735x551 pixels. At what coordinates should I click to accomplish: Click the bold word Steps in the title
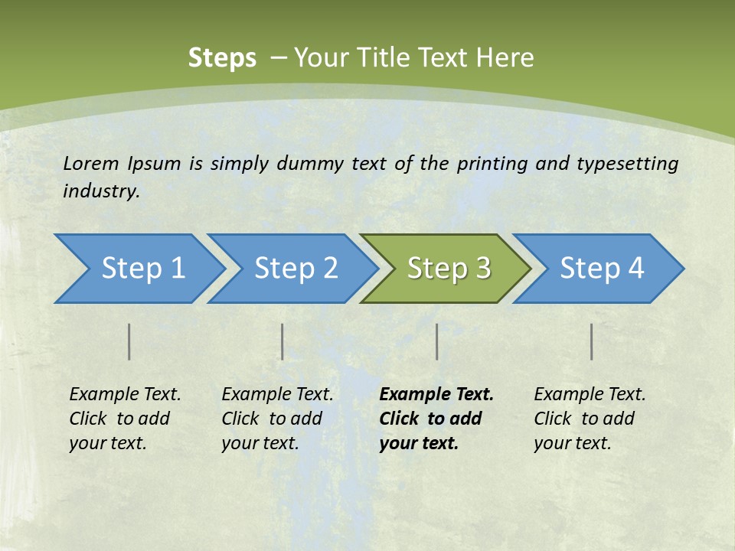[x=222, y=58]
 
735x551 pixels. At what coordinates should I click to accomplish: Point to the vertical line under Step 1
[x=129, y=341]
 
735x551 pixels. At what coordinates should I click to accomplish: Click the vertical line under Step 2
[x=283, y=341]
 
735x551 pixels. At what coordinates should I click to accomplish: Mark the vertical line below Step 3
[x=436, y=341]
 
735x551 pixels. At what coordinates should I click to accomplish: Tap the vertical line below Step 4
[x=592, y=341]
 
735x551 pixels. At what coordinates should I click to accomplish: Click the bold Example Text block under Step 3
[x=436, y=419]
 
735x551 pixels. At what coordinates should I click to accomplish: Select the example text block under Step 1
[x=125, y=419]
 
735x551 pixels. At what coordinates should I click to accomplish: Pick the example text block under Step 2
[x=277, y=419]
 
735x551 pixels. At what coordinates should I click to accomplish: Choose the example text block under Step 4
[x=590, y=419]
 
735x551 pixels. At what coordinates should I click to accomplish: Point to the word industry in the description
[x=101, y=191]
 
